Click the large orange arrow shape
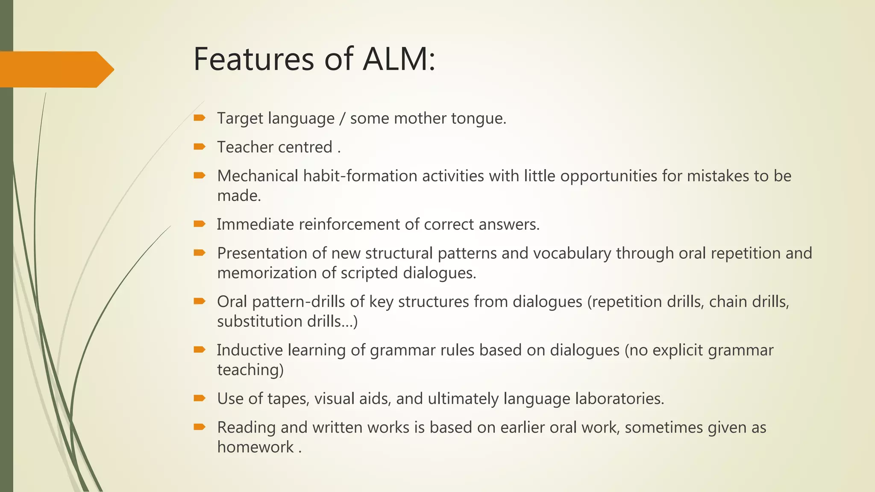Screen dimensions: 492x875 coord(56,69)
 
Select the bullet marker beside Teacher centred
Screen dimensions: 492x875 coord(199,147)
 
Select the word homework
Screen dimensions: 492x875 coord(255,447)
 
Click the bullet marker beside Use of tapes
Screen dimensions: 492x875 coord(199,398)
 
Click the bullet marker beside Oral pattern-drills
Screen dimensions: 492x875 coord(199,302)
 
